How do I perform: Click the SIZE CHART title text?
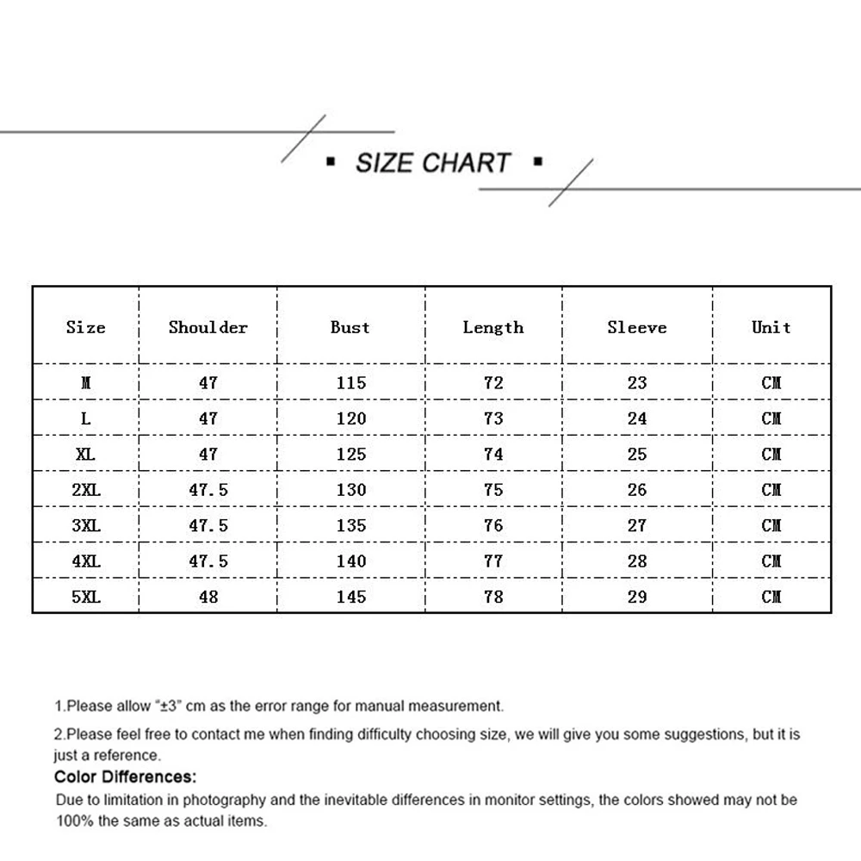click(433, 163)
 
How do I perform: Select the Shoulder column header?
click(208, 327)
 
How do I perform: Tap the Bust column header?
click(350, 327)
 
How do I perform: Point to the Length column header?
click(492, 327)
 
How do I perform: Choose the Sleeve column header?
click(636, 327)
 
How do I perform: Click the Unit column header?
click(771, 327)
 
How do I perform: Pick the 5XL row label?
click(85, 597)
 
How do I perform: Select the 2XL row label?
click(85, 490)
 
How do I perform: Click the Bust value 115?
click(351, 383)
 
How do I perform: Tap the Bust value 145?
click(351, 597)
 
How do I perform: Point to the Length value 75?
click(493, 490)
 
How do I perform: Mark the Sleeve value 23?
click(637, 383)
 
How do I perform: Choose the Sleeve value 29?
click(637, 597)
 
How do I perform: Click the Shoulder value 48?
click(208, 597)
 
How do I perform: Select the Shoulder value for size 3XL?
click(208, 525)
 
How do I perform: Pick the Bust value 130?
click(351, 490)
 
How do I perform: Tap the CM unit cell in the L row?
click(771, 418)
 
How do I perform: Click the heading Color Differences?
click(125, 777)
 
